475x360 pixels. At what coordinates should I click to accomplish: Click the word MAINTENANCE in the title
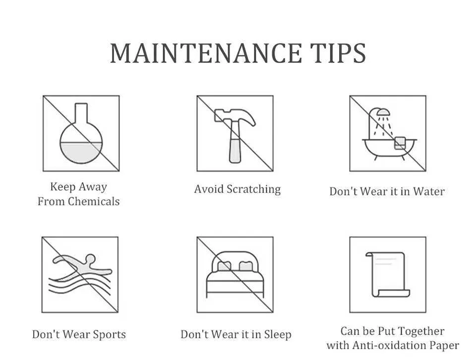206,54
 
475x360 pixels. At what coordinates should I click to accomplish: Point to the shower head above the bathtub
383,113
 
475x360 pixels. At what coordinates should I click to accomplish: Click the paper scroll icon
388,275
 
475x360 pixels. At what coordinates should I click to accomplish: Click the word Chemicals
94,201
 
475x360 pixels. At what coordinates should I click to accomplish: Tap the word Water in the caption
429,191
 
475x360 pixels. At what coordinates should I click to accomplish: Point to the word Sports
110,335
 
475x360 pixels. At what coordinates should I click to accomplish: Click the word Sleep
278,335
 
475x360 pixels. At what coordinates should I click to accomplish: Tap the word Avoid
209,189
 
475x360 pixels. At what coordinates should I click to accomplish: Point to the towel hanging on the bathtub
400,143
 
